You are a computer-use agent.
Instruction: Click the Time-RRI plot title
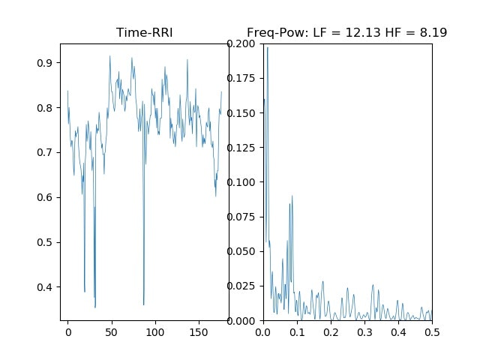144,33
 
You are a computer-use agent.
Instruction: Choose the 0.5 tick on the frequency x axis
432,331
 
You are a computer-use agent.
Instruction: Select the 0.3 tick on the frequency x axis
364,331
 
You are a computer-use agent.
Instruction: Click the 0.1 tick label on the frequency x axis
296,331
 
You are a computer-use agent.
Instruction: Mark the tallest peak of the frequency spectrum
267,47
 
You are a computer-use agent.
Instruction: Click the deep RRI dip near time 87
143,304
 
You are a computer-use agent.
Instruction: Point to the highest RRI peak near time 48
109,55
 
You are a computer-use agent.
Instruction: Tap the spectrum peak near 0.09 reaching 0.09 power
292,196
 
